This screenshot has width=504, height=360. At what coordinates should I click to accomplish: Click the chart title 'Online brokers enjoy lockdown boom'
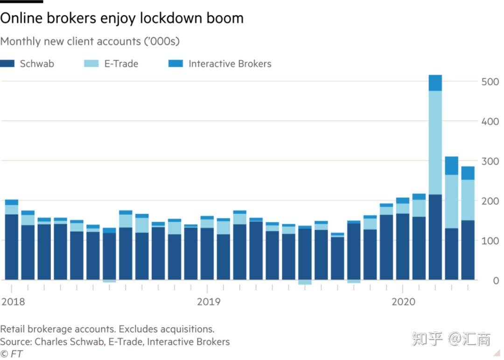pos(122,18)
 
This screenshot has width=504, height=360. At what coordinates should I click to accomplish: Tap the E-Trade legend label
pos(121,64)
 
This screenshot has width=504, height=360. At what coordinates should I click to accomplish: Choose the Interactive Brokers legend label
pos(230,64)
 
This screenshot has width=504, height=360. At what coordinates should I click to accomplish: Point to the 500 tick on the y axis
pos(490,82)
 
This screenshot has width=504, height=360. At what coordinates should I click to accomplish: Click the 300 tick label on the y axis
pos(490,161)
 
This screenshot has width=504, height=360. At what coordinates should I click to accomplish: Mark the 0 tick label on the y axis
pos(496,281)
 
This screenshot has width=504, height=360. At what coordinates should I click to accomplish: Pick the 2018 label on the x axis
pos(13,302)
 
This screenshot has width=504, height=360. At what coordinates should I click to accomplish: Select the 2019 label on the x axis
pos(209,302)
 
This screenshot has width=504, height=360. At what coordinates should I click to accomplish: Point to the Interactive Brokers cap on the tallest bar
pos(435,83)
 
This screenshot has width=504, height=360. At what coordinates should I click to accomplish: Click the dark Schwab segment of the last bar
pos(468,250)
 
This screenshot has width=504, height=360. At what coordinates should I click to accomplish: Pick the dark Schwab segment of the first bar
pos(11,247)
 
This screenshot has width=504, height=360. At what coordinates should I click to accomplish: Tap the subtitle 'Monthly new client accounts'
pos(90,41)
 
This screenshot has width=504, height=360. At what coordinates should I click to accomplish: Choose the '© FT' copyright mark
pos(11,353)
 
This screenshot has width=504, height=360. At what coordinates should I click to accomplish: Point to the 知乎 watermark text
pos(427,339)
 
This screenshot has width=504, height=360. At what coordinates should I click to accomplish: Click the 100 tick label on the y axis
pos(490,241)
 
